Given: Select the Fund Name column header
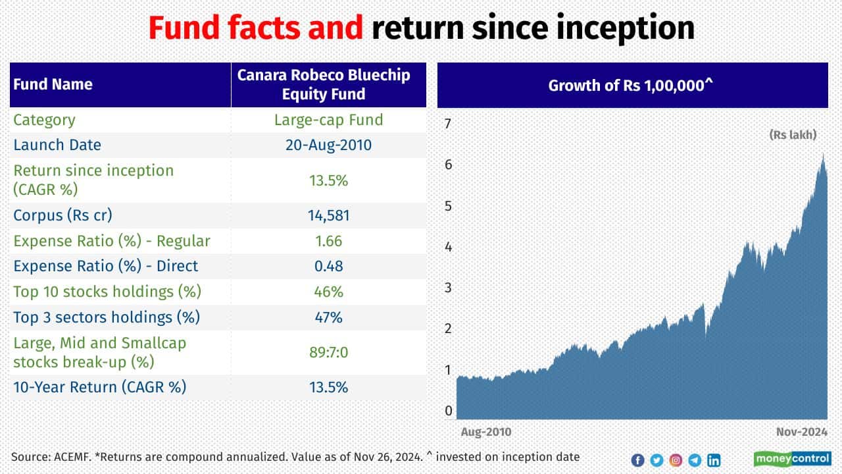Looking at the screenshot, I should point(53,84).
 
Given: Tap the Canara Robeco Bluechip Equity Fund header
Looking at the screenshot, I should point(324,84).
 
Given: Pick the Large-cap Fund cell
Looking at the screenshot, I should point(328,120).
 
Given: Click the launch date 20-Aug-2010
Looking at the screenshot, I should point(328,145).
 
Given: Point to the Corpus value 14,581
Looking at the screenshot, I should point(328,215).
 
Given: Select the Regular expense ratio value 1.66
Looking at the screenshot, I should point(328,241).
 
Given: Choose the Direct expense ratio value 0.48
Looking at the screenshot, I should point(328,266).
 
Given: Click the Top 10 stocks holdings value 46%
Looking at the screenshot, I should point(328,291).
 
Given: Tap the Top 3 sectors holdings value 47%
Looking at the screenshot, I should point(328,317).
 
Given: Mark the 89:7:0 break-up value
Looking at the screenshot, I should point(328,352).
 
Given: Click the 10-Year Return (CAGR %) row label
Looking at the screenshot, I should point(100,386).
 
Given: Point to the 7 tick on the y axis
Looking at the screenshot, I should point(449,123).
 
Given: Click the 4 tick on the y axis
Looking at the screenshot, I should point(449,246).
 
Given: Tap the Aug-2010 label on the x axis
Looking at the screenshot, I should point(485,432).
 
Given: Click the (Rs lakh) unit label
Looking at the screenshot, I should point(793,134).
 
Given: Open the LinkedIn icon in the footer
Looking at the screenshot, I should point(713,460).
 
